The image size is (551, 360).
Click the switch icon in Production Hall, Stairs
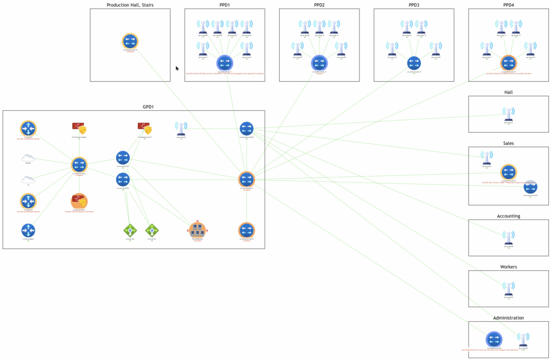click(130, 41)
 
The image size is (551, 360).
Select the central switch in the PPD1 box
click(224, 63)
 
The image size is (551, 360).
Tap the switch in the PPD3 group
click(414, 63)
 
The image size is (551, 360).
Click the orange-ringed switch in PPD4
click(508, 63)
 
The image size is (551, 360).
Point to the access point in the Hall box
click(508, 114)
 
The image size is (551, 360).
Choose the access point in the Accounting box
click(508, 238)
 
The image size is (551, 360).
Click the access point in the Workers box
click(508, 288)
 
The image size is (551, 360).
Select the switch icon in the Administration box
click(494, 340)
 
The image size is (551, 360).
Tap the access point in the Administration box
click(522, 340)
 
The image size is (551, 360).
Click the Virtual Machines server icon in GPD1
click(197, 230)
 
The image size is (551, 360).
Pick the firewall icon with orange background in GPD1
click(79, 202)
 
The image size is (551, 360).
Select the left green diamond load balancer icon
click(130, 230)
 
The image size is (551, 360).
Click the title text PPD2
click(319, 5)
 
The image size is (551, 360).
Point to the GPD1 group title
click(148, 107)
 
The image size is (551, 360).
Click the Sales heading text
click(508, 143)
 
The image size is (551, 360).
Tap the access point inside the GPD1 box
click(181, 128)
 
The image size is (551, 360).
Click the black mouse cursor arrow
click(177, 68)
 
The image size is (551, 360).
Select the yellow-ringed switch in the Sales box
click(508, 173)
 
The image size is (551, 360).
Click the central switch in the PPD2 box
click(319, 63)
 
